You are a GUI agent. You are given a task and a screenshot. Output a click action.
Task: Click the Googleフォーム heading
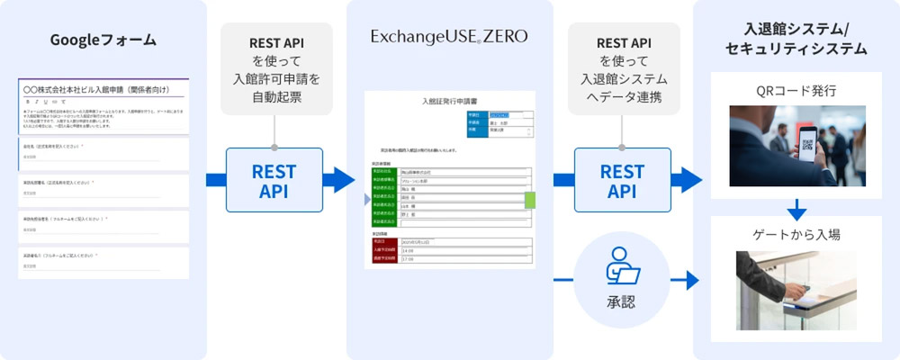pyautogui.click(x=103, y=40)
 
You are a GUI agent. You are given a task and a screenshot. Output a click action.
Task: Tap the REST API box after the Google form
pyautogui.click(x=274, y=180)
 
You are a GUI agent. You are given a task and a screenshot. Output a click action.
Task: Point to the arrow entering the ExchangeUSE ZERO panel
pyautogui.click(x=337, y=180)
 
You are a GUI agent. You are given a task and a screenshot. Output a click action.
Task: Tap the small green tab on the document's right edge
pyautogui.click(x=530, y=200)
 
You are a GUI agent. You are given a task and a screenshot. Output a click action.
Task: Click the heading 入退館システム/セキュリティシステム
pyautogui.click(x=796, y=40)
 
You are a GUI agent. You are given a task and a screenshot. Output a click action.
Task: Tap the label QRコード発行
pyautogui.click(x=796, y=90)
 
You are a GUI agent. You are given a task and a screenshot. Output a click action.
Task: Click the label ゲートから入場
pyautogui.click(x=796, y=235)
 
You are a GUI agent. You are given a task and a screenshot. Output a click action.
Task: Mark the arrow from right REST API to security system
pyautogui.click(x=688, y=180)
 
